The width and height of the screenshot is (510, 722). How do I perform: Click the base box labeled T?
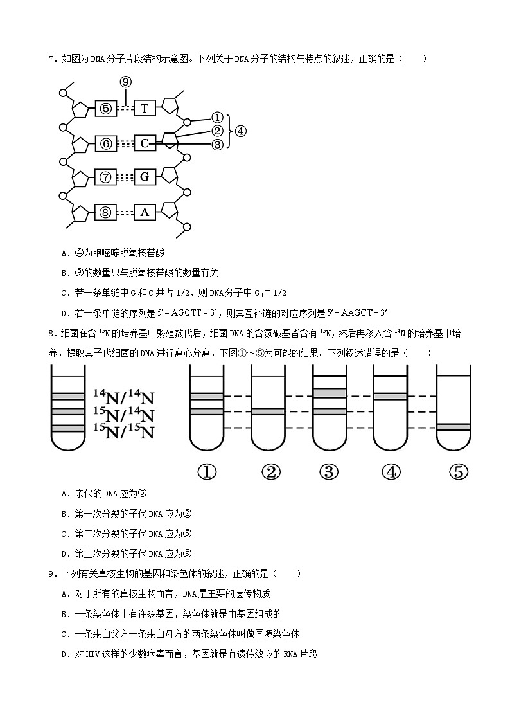point(145,108)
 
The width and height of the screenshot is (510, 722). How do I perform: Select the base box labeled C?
point(145,143)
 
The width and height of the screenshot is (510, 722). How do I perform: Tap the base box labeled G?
point(145,177)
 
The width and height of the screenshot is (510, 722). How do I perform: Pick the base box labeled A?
point(145,212)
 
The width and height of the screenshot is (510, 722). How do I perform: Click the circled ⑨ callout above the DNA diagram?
point(126,82)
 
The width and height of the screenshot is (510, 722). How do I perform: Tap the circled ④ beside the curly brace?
point(240,131)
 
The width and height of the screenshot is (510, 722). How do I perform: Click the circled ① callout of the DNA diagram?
point(217,118)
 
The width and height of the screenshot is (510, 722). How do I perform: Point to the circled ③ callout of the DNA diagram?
point(217,145)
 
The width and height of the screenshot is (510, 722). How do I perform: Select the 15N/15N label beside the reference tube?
point(124,429)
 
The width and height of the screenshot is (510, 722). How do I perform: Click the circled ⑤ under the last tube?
point(457,472)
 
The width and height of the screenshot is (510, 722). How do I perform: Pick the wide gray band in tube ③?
point(329,393)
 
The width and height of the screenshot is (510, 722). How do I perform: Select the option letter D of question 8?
point(64,554)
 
